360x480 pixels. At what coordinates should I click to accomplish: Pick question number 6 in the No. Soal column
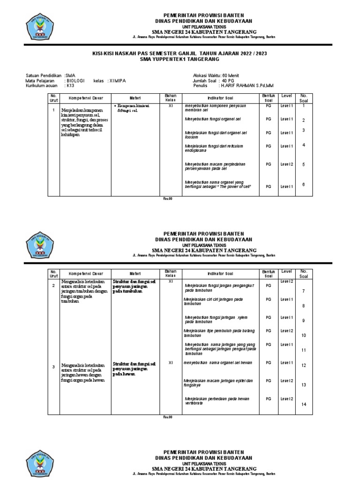coord(303,184)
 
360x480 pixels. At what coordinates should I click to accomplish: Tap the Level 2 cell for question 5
coord(286,164)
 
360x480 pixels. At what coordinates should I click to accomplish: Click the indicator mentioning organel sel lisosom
coord(216,135)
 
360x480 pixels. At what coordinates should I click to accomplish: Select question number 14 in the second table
coord(303,404)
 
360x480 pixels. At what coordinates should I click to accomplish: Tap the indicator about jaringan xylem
coord(216,319)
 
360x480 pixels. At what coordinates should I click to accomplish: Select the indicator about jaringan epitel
coord(218,382)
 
